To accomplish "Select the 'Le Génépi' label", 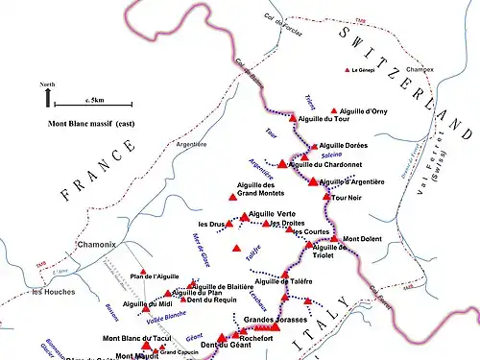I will pos(367,70).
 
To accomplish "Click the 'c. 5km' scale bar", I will pos(92,103).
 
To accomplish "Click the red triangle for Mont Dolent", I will pos(334,238).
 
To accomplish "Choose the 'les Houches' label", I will pos(52,291).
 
